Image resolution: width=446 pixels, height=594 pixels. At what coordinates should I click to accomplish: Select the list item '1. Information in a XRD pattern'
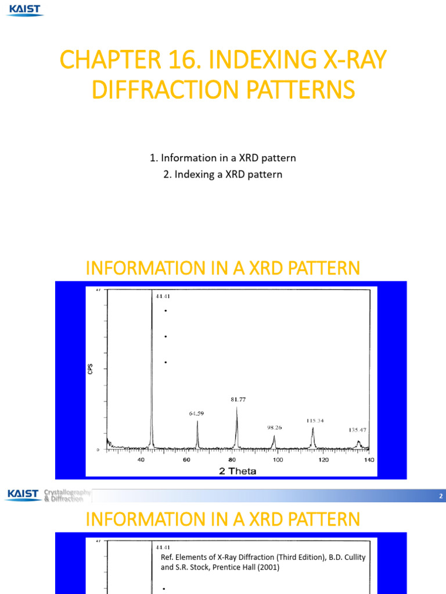point(223,158)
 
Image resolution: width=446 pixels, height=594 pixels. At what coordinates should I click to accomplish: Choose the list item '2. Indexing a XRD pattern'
point(223,174)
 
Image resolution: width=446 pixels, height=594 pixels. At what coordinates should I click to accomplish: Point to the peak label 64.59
point(196,414)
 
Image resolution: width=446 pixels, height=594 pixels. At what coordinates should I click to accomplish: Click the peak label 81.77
point(236,399)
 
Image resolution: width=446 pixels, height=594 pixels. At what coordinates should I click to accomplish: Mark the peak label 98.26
point(275,428)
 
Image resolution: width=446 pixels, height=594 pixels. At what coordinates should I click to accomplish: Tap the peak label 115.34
point(316,420)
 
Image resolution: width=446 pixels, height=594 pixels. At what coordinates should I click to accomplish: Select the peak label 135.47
point(358,430)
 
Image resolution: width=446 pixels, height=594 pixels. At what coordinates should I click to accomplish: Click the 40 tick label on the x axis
point(141,460)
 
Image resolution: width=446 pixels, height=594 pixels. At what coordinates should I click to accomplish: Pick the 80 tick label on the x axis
point(232,460)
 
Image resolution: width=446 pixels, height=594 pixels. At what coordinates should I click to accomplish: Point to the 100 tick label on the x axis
point(278,460)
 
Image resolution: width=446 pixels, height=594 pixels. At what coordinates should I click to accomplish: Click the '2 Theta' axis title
point(238,470)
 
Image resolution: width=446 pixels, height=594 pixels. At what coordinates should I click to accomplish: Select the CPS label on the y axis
point(91,368)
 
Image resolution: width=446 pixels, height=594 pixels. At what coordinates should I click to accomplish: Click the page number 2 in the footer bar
point(441,497)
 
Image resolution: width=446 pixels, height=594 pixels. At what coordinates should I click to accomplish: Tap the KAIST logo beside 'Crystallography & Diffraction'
point(23,495)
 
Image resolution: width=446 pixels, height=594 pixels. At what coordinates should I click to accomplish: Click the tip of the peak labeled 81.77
point(237,407)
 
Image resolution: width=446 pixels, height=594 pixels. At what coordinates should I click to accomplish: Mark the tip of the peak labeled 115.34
point(312,428)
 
